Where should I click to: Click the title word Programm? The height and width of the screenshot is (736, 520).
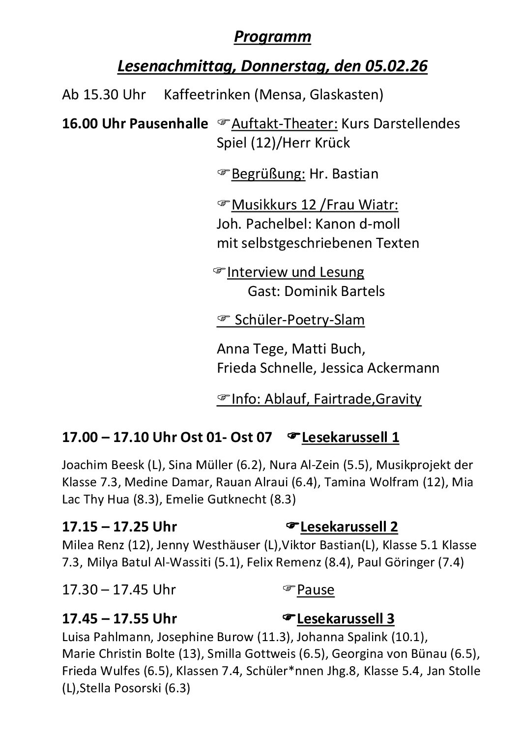(272, 37)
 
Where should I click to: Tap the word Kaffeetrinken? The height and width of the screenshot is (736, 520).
(207, 94)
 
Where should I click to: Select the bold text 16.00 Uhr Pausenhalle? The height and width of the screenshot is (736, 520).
(135, 123)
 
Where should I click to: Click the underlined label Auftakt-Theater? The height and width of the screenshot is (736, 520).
(284, 123)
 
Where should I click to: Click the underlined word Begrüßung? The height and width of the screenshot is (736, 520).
(268, 174)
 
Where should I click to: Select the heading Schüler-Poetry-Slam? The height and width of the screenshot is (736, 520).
(299, 320)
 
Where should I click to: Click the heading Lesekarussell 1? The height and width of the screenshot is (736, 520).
(350, 437)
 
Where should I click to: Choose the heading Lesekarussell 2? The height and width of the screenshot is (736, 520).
(349, 527)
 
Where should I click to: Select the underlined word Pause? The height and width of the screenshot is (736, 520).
(316, 589)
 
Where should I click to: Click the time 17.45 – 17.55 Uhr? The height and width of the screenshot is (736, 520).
(119, 618)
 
